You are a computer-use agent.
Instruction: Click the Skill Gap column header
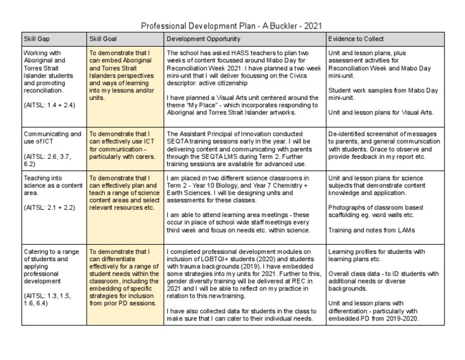pyautogui.click(x=36, y=39)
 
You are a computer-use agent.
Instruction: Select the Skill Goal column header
pyautogui.click(x=104, y=39)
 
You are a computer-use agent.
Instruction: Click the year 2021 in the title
pyautogui.click(x=312, y=26)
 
